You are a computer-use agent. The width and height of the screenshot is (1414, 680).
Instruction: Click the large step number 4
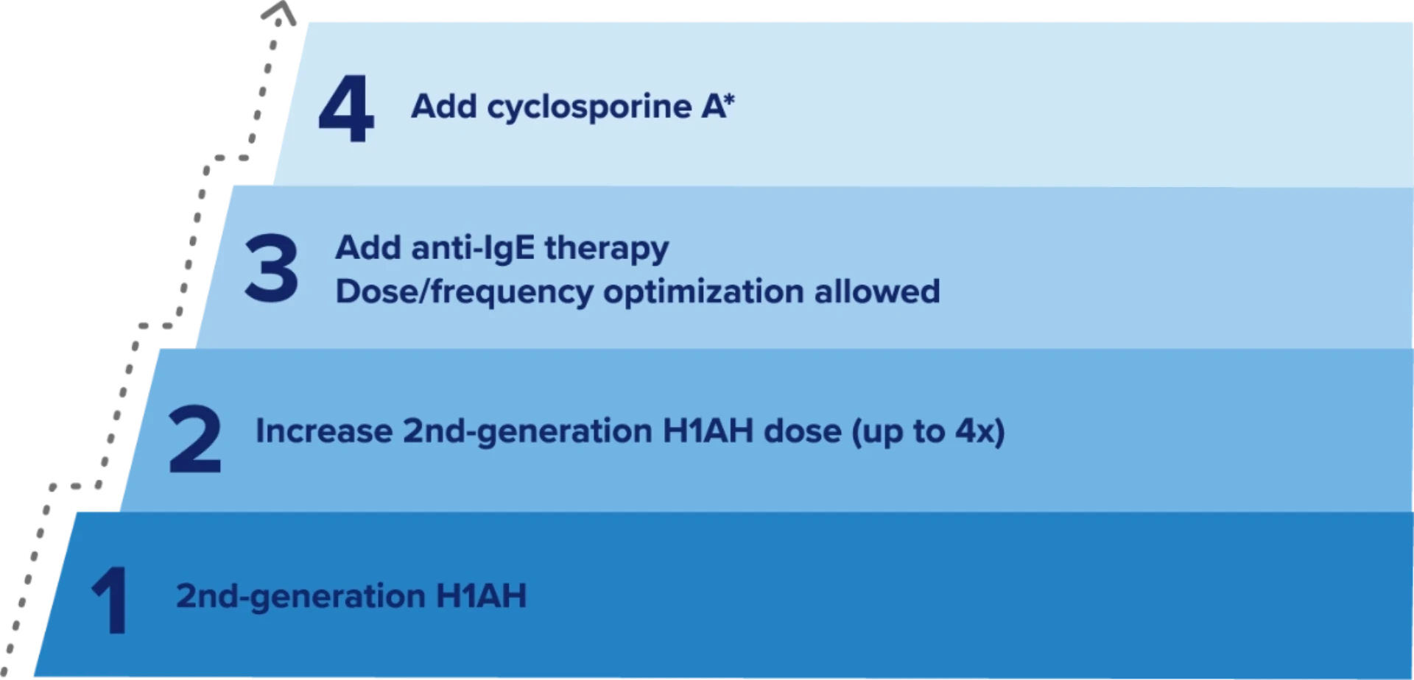click(346, 108)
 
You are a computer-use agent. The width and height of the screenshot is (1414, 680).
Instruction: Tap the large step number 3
click(272, 268)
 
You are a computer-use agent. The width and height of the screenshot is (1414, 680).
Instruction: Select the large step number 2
click(195, 439)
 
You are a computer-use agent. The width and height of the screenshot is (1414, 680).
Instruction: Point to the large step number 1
click(110, 600)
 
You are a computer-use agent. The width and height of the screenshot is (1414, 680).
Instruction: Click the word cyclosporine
click(589, 108)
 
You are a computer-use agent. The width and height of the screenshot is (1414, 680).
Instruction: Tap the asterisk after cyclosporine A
click(728, 101)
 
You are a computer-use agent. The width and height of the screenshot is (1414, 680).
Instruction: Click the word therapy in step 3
click(607, 249)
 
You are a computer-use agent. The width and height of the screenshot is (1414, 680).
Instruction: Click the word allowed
click(877, 291)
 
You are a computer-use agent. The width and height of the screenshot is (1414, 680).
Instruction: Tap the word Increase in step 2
click(324, 431)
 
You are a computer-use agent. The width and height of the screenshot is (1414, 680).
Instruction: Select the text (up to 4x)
click(928, 433)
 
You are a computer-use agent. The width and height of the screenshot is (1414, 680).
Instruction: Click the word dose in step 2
click(803, 431)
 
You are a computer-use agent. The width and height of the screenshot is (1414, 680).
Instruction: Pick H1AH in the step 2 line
click(708, 431)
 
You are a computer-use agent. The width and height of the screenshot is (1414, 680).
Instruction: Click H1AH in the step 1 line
click(482, 596)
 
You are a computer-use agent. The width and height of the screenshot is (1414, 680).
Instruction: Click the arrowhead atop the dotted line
click(280, 11)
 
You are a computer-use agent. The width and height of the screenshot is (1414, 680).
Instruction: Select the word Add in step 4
click(444, 107)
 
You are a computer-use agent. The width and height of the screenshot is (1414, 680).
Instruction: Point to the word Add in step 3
click(368, 248)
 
